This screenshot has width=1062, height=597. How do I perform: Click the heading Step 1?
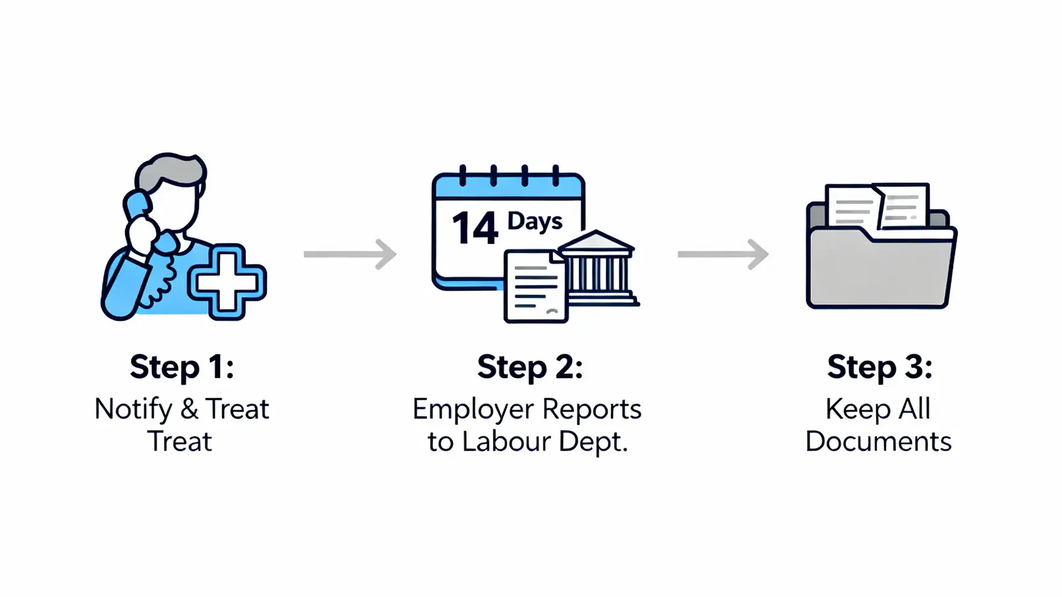click(x=182, y=367)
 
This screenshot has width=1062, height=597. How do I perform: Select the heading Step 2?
click(x=530, y=367)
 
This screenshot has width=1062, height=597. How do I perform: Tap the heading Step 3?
click(x=879, y=367)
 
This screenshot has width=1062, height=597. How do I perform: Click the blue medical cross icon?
click(x=227, y=281)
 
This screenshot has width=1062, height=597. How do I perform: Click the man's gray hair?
click(x=169, y=172)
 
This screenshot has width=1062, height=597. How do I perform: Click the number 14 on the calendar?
click(x=474, y=229)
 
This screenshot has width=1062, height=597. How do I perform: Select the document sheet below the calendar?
click(x=534, y=287)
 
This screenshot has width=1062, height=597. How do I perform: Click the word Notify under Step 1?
click(x=133, y=409)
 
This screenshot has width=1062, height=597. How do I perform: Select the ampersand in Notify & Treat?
click(x=189, y=409)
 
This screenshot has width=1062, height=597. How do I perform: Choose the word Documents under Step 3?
click(x=878, y=442)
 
